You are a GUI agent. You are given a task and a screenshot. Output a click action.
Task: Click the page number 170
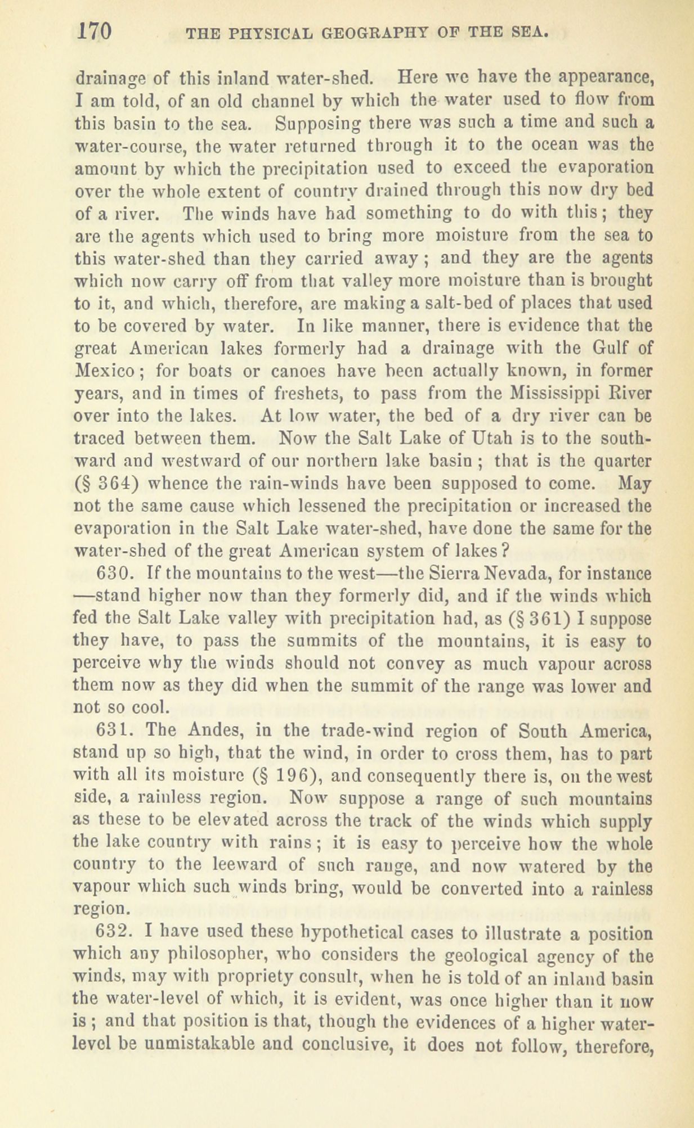point(95,30)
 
